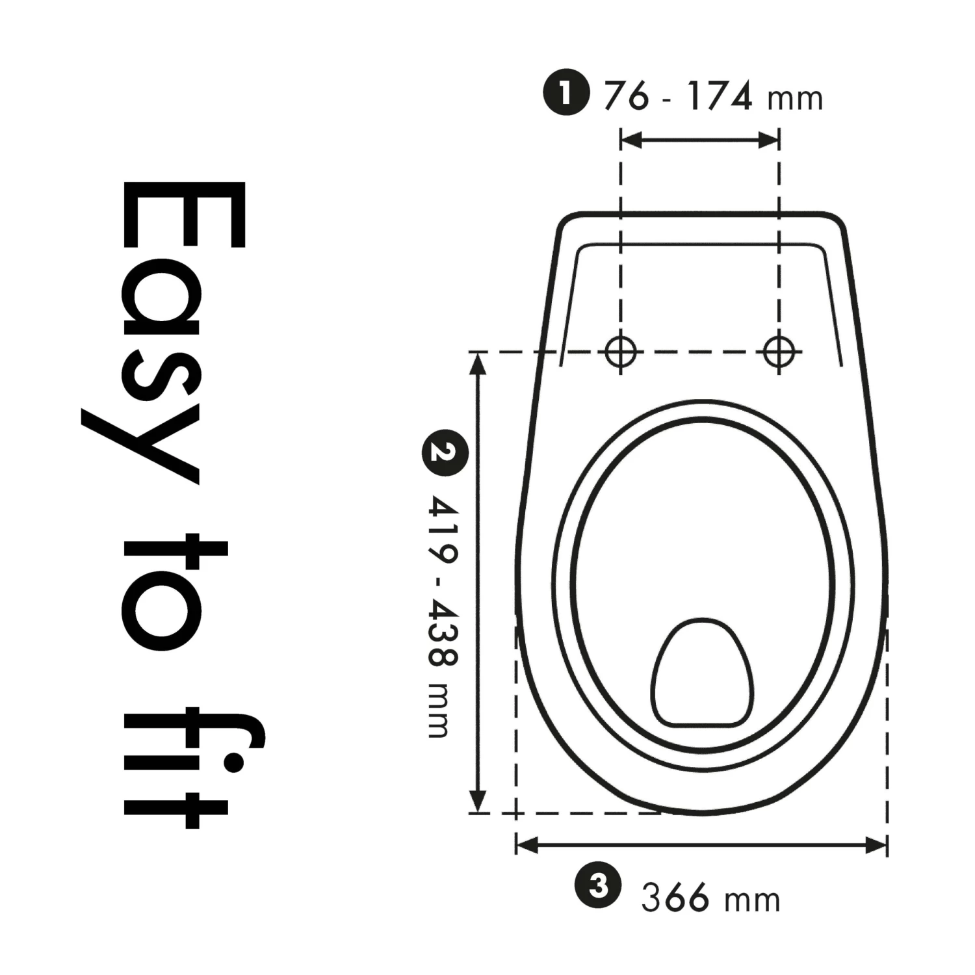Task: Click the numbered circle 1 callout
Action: [x=565, y=94]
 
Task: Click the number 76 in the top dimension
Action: [x=626, y=96]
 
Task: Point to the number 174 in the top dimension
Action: [x=720, y=96]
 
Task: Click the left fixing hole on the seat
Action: [x=621, y=352]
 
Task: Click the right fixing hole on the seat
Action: [x=779, y=352]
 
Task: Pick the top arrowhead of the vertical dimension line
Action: [x=478, y=364]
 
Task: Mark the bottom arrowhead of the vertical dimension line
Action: [x=478, y=801]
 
